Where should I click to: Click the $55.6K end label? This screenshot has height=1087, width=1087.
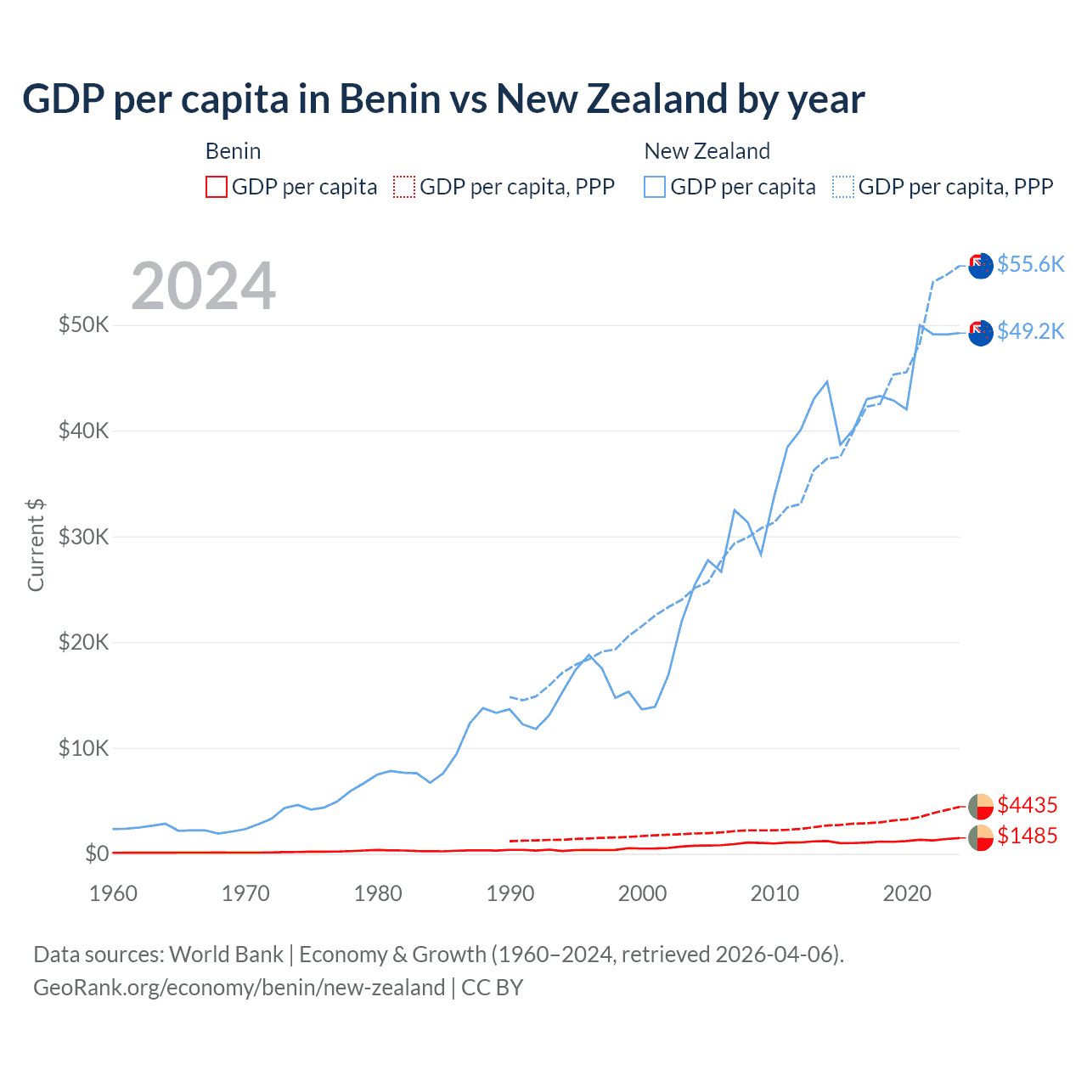pos(1030,264)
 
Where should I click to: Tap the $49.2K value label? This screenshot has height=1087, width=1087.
pos(1030,331)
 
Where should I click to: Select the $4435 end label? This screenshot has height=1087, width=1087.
pos(1027,804)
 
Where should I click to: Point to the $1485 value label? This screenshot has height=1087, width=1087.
pos(1027,836)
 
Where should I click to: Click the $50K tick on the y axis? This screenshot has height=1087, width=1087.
pos(83,324)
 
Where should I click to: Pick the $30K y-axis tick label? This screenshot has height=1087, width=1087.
pos(83,537)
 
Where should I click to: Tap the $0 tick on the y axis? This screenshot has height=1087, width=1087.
pos(97,853)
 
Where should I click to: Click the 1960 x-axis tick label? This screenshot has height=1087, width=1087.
pos(113,893)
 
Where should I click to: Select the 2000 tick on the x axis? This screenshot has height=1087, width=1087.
pos(643,893)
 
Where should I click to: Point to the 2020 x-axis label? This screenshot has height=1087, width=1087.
pos(907,893)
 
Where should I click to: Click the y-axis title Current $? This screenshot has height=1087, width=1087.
pos(36,545)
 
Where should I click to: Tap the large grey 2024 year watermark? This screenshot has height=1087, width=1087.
pos(203,286)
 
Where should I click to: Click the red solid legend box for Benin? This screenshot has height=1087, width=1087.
pos(217,187)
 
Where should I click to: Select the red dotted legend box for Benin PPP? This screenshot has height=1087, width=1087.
pos(404,187)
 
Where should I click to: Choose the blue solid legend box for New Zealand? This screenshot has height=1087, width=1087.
pos(655,187)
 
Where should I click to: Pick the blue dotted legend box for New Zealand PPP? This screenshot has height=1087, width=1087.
pos(843,187)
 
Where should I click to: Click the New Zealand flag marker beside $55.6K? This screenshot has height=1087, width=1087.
pos(981,266)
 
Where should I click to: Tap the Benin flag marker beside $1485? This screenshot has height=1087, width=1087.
pos(981,837)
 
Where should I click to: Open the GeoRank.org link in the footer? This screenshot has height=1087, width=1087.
pos(239,988)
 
